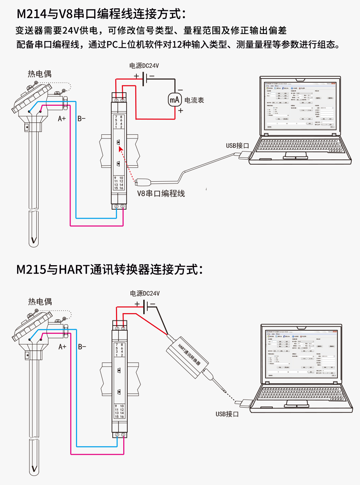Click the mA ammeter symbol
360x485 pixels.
pyautogui.click(x=175, y=100)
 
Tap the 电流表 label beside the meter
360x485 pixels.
pyautogui.click(x=194, y=100)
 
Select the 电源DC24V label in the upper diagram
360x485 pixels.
pyautogui.click(x=144, y=66)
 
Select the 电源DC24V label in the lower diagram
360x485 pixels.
pyautogui.click(x=145, y=294)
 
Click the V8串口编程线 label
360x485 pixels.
pyautogui.click(x=161, y=194)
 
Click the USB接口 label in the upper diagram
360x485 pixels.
pyautogui.click(x=237, y=146)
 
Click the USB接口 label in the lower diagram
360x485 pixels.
pyautogui.click(x=227, y=414)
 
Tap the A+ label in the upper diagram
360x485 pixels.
pyautogui.click(x=62, y=119)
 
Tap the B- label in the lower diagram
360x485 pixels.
pyautogui.click(x=82, y=347)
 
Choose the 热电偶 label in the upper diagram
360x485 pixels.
pyautogui.click(x=40, y=74)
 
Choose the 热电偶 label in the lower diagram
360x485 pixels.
pyautogui.click(x=40, y=302)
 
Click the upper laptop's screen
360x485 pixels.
pyautogui.click(x=300, y=106)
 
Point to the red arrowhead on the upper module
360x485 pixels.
pyautogui.click(x=121, y=149)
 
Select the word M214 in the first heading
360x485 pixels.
pyautogui.click(x=32, y=14)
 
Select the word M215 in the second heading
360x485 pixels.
pyautogui.click(x=32, y=270)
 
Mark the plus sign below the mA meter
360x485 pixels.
pyautogui.click(x=181, y=111)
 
